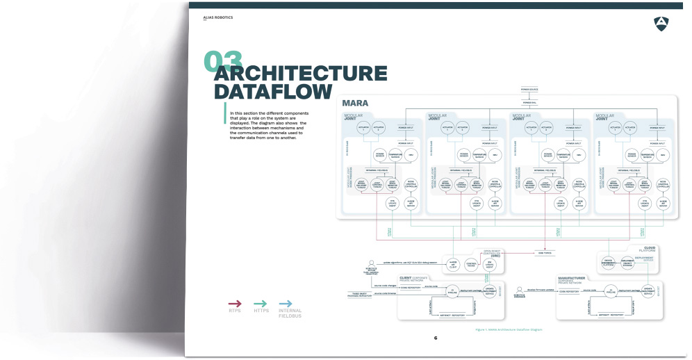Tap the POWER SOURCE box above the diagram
(530, 90)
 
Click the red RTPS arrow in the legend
(235, 303)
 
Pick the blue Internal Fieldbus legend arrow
(285, 303)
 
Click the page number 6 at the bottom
(436, 338)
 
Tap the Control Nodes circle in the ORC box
(470, 264)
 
